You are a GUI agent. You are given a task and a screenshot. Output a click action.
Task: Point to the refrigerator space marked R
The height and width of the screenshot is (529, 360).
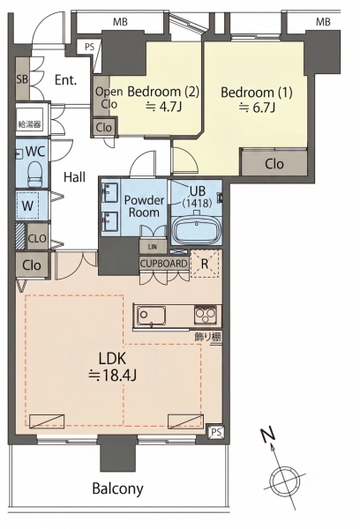tap(205, 264)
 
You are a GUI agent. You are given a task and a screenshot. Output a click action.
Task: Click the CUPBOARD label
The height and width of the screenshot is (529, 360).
tap(163, 264)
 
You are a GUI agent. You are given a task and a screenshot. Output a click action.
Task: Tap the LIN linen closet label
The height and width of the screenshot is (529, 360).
tap(153, 247)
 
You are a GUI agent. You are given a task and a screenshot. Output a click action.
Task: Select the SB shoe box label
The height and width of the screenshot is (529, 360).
tap(22, 79)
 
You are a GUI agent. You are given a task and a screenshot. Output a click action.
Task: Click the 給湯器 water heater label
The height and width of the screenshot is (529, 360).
tap(29, 124)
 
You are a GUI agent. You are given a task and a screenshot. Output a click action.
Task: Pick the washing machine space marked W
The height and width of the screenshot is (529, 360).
tap(27, 205)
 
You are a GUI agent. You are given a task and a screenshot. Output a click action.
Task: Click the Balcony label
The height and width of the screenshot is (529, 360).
tap(118, 488)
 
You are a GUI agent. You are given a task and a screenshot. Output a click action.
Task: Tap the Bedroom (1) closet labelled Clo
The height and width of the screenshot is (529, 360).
tap(274, 164)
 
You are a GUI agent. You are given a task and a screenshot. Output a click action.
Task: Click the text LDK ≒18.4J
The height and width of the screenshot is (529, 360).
tap(112, 367)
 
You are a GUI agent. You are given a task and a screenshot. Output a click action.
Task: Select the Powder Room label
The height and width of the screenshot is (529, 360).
tap(144, 206)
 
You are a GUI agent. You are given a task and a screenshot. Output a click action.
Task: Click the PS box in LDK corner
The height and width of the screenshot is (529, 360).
tap(216, 432)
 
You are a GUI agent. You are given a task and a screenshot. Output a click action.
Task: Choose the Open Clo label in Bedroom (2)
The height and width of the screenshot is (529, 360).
tap(109, 98)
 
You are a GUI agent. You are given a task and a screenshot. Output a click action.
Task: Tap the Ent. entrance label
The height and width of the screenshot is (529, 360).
tap(66, 80)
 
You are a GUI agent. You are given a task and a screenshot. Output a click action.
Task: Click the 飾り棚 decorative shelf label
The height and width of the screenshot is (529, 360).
tap(207, 337)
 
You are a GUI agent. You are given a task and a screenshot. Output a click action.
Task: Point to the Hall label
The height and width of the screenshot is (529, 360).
tap(75, 176)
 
